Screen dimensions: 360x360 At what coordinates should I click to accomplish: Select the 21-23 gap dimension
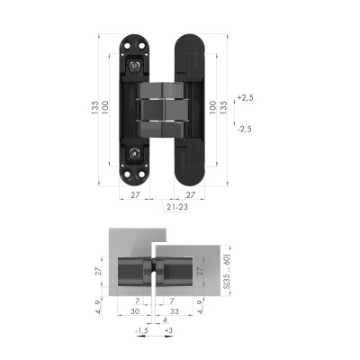(x=176, y=206)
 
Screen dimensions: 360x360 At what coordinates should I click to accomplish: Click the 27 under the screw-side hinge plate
(x=135, y=193)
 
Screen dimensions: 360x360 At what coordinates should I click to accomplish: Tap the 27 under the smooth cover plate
(x=190, y=193)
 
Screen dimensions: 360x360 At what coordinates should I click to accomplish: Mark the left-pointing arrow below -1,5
(x=139, y=340)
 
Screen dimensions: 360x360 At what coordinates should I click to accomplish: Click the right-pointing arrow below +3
(x=169, y=340)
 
